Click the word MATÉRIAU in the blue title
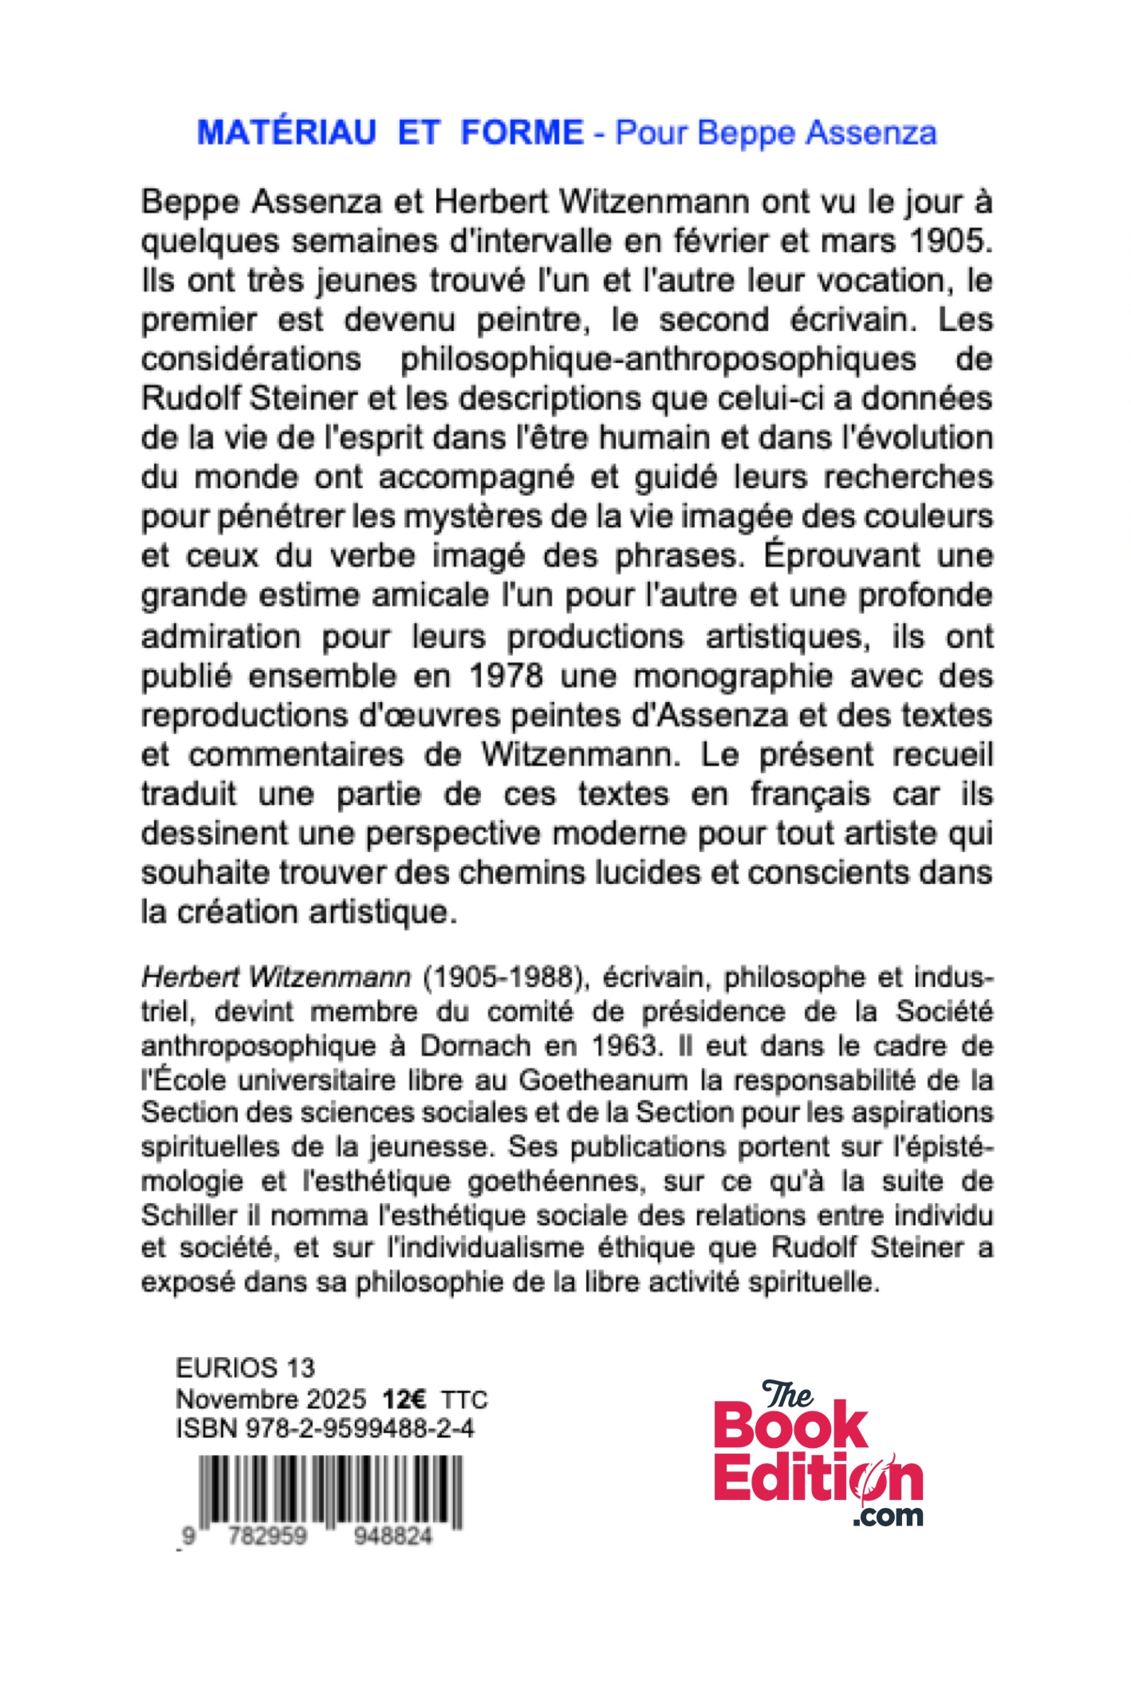(x=286, y=132)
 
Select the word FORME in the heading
(x=522, y=132)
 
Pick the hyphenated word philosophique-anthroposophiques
(x=658, y=359)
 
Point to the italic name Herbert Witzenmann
(x=276, y=977)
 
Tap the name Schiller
(x=189, y=1215)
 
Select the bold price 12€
(x=404, y=1399)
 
